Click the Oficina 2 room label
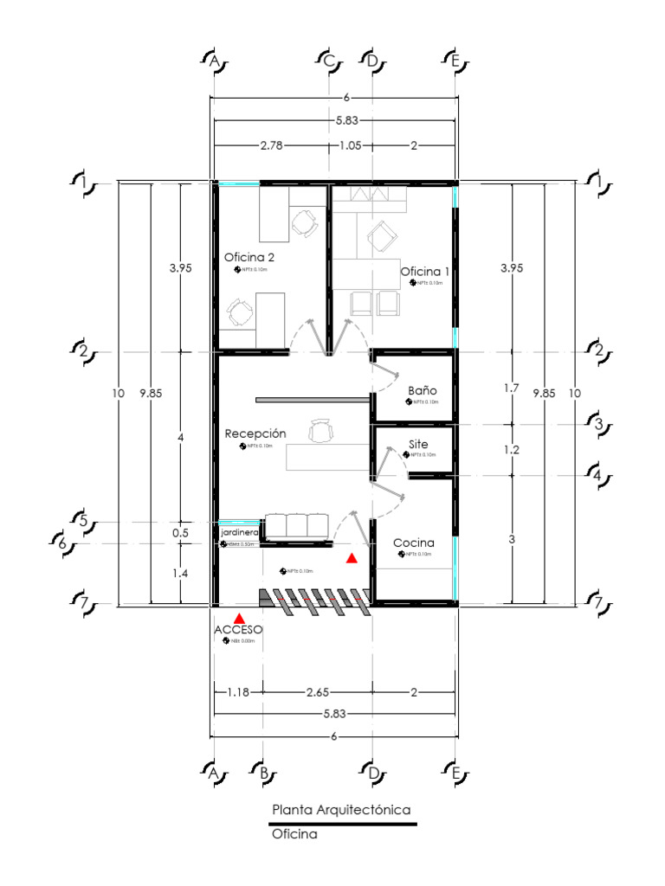click(x=249, y=257)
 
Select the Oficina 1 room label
click(x=424, y=271)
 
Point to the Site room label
click(x=418, y=444)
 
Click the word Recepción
click(x=255, y=433)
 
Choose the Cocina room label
click(x=414, y=543)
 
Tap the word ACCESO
click(x=238, y=630)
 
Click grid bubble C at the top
click(x=329, y=61)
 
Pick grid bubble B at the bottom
click(x=262, y=773)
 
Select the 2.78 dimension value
click(x=271, y=145)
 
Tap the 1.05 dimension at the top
click(x=350, y=145)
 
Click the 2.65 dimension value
click(x=317, y=692)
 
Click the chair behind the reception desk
click(x=320, y=430)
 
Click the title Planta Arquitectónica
click(x=340, y=810)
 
